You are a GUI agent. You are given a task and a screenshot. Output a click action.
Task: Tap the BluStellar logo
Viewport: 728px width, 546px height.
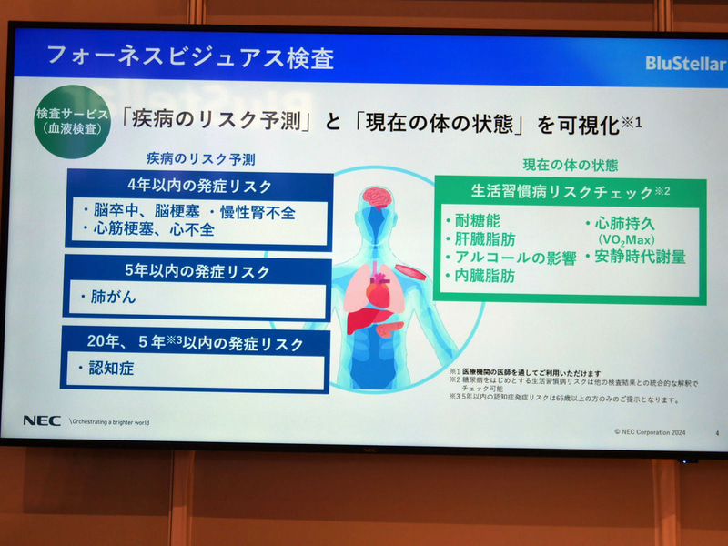[684, 63]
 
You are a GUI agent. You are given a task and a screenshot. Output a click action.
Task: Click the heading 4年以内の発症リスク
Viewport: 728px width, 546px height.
[198, 187]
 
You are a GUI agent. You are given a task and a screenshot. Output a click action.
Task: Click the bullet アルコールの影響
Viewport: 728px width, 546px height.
[514, 258]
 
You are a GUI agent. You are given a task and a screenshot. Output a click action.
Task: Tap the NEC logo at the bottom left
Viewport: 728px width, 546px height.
[42, 420]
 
